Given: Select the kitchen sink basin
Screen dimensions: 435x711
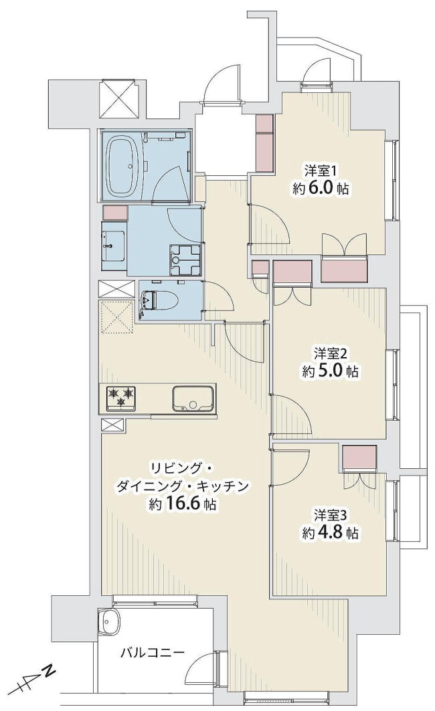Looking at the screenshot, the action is tap(192, 398).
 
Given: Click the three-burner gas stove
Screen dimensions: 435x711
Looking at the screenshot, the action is tap(121, 398).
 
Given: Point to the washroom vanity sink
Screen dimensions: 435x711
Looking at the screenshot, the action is tap(113, 246).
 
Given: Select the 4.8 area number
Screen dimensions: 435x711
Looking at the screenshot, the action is tap(329, 533).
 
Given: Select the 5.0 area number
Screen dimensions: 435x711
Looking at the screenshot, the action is tap(329, 371).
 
